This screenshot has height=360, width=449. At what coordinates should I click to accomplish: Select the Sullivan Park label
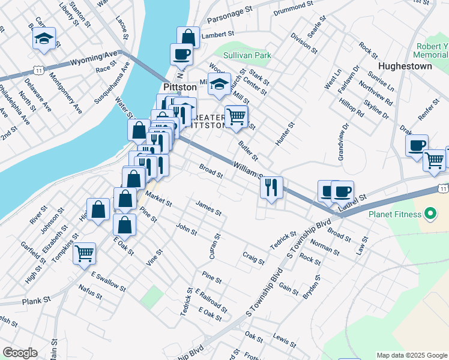click(247, 55)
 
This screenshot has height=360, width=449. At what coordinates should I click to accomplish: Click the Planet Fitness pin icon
click(429, 213)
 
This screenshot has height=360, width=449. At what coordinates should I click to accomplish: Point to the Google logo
click(20, 353)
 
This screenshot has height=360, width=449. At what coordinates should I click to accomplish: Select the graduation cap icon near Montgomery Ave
click(44, 38)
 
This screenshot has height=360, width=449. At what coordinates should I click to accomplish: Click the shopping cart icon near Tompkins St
click(85, 252)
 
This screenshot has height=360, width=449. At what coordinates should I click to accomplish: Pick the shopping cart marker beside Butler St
click(237, 116)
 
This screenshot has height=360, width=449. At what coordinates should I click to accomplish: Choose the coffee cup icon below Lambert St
click(181, 54)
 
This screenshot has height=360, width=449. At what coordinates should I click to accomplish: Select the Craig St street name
click(253, 258)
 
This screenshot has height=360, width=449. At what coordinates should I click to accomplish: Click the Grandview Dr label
click(342, 143)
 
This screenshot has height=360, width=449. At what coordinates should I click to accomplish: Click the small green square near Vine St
click(152, 295)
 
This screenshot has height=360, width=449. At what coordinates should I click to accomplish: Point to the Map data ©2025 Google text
click(412, 355)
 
